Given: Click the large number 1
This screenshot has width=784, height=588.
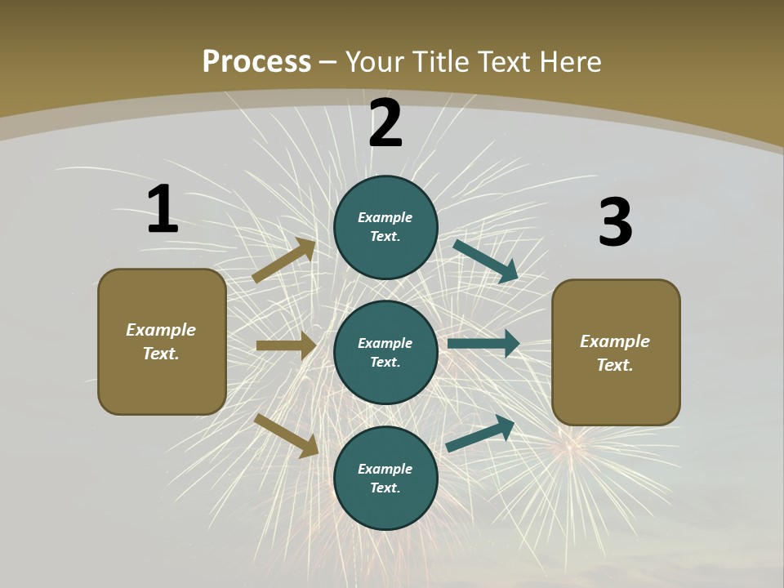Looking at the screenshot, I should pos(163,209).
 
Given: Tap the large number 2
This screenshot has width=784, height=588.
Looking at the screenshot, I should pos(385,123).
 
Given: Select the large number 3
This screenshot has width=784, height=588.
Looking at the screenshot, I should pos(615,222).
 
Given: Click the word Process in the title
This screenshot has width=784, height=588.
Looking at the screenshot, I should pos(256,61).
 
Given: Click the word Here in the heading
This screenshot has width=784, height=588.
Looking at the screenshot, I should pos(569,61).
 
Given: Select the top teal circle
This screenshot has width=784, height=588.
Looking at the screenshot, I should pos(385,227).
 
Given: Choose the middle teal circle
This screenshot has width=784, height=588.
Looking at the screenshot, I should pos(385,352).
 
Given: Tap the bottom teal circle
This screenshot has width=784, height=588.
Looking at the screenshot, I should pos(385,478).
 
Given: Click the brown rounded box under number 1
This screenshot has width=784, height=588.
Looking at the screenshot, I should pos(162,341).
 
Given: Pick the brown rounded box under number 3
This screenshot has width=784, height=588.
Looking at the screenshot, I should pos(616,352).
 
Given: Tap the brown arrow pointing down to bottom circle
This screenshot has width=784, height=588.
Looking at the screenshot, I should pos(287,435).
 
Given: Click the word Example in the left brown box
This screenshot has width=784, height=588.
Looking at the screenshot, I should pos(161,330).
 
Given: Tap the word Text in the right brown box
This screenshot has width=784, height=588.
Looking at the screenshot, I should pos(614,365).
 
